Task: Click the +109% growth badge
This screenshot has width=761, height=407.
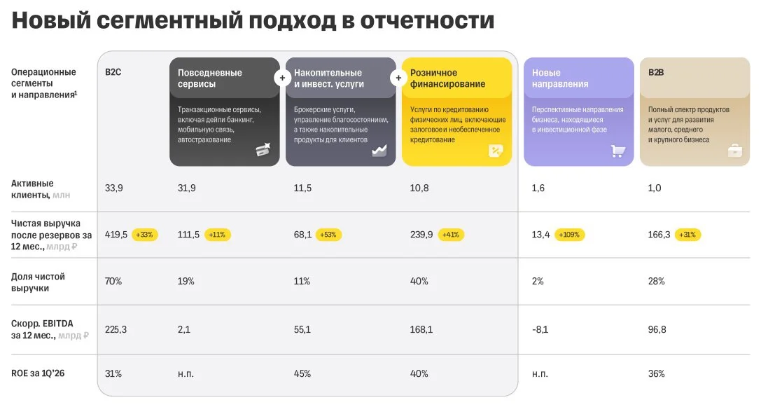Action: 569,235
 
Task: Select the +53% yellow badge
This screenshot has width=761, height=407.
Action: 328,235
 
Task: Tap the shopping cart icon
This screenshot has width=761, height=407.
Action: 617,151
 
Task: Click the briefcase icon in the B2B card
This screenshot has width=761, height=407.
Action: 735,151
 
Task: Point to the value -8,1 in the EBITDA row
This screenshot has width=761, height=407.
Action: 540,330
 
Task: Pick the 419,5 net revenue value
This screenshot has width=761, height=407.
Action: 116,235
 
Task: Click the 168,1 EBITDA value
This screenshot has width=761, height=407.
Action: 421,330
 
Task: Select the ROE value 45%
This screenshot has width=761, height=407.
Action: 302,374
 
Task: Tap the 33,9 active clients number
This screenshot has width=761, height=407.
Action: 114,188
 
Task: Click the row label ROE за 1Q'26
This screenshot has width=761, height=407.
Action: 38,373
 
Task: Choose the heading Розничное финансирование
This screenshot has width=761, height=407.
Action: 447,78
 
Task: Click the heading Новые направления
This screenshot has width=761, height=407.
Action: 559,78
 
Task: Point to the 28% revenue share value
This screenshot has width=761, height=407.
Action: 656,282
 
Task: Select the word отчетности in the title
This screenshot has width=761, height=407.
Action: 427,21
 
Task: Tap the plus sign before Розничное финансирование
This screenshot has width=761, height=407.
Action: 398,78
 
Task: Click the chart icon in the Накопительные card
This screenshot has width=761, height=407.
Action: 379,151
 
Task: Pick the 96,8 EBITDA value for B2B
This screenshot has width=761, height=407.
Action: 657,330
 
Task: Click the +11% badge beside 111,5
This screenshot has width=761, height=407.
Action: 217,235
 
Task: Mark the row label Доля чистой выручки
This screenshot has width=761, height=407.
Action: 38,282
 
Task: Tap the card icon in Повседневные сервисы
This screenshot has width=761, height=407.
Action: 263,150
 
